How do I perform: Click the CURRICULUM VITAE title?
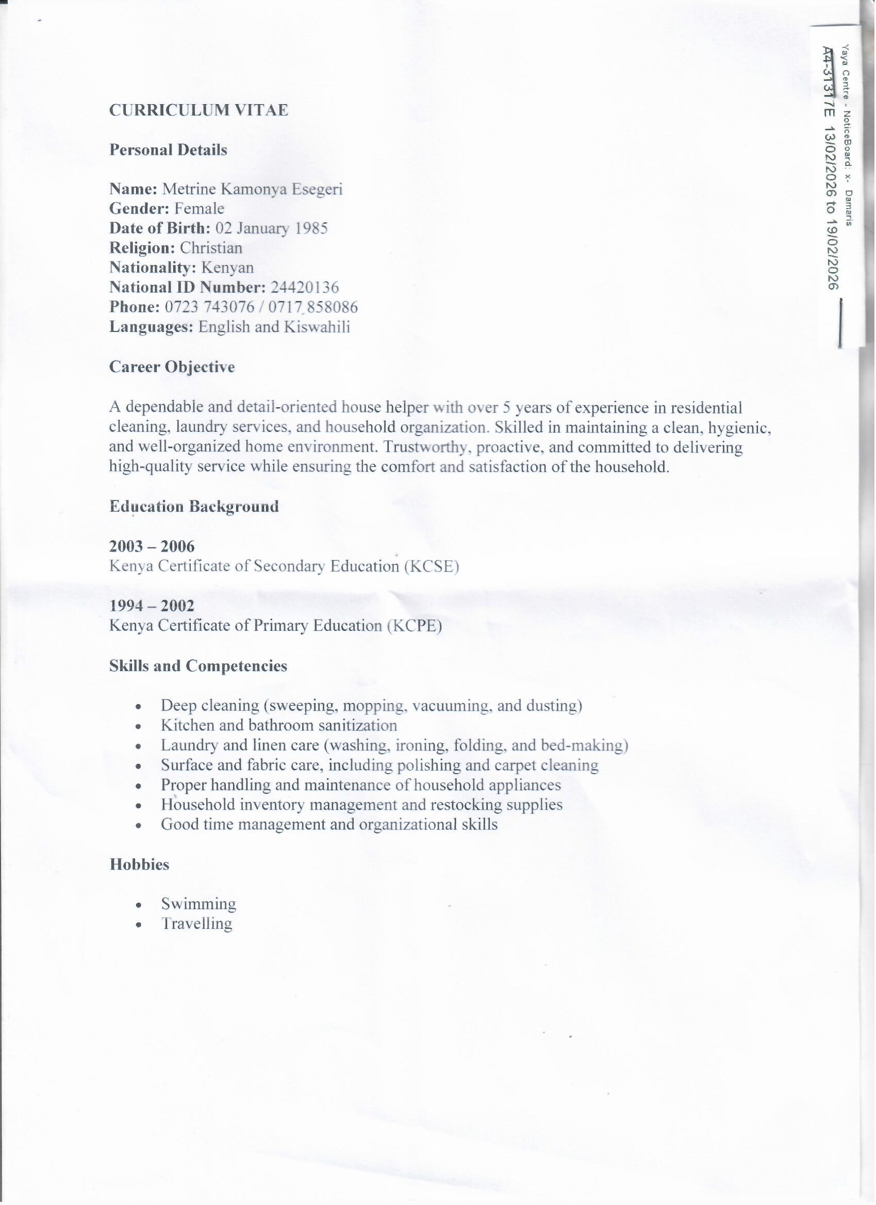point(199,110)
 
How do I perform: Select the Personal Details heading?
point(168,150)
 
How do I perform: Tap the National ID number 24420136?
point(305,288)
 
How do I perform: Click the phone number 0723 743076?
point(209,307)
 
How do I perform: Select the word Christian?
point(211,248)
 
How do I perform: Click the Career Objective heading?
point(172,367)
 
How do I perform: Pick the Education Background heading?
point(194,506)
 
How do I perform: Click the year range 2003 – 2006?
point(152,546)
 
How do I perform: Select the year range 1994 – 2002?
point(152,606)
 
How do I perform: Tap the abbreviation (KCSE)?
point(431,566)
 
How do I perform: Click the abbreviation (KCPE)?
point(414,626)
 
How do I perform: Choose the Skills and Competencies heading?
point(199,666)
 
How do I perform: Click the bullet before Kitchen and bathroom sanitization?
point(138,726)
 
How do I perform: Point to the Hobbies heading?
point(139,864)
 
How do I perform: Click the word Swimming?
point(199,904)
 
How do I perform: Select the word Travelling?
point(196,924)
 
